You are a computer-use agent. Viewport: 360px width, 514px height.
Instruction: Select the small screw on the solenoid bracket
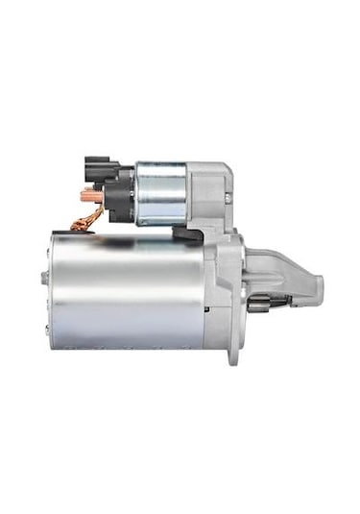tap(228, 198)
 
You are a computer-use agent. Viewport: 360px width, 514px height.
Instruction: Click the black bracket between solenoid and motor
tap(188, 233)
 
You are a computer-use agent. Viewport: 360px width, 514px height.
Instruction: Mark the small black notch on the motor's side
tap(205, 310)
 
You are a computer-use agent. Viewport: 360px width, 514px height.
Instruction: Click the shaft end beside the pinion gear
tap(287, 304)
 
